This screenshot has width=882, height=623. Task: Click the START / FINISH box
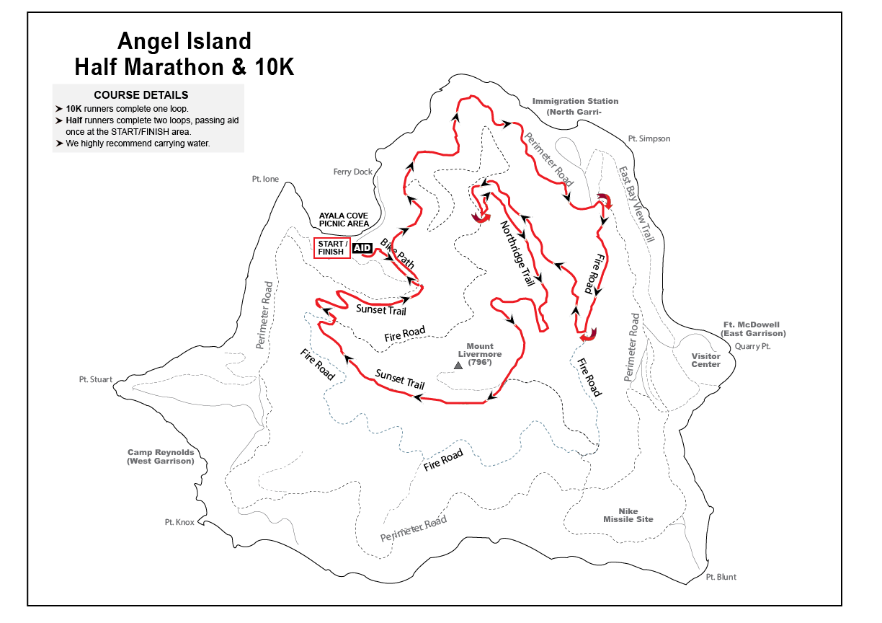(x=331, y=247)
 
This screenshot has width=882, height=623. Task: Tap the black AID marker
(x=362, y=248)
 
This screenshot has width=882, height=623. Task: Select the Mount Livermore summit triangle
(x=458, y=366)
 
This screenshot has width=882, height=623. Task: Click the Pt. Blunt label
(x=721, y=577)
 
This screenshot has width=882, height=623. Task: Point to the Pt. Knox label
(x=179, y=522)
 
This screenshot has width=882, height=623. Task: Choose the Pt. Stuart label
(x=96, y=379)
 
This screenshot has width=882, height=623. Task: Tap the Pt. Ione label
(x=265, y=179)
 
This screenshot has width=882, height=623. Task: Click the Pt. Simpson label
(x=649, y=138)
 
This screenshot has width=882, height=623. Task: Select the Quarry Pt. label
(x=753, y=346)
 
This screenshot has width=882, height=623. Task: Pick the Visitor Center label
(x=705, y=360)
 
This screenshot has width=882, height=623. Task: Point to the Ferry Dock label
(x=353, y=172)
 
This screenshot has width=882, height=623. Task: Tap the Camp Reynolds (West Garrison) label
(x=161, y=456)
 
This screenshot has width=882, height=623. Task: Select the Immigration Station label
(x=575, y=106)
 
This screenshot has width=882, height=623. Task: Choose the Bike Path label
(x=397, y=254)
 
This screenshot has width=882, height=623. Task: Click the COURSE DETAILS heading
(x=141, y=95)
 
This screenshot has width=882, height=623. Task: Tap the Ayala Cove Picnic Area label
(x=344, y=219)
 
